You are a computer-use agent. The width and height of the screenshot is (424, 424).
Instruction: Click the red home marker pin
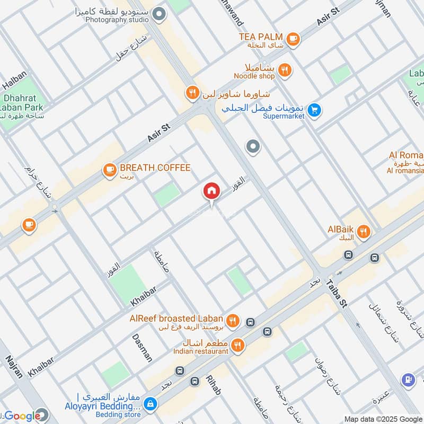pos(211,192)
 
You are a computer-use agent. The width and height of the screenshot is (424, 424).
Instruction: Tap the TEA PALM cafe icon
pos(293,39)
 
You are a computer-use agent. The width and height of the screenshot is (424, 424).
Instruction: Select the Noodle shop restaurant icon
pos(285,70)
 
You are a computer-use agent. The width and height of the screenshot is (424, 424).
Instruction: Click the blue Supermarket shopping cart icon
pos(315,110)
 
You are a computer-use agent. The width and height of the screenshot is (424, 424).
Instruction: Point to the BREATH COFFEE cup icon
pos(110,170)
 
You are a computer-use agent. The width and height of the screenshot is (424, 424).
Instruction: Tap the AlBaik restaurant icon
pos(364,232)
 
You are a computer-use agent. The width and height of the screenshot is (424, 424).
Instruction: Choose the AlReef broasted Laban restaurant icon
pos(232,321)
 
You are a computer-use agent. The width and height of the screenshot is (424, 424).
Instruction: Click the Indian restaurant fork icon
pos(238,345)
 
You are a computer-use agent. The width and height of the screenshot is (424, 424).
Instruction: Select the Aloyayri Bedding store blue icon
pos(151,404)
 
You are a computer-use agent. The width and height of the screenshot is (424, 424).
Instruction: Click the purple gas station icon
pos(408,379)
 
